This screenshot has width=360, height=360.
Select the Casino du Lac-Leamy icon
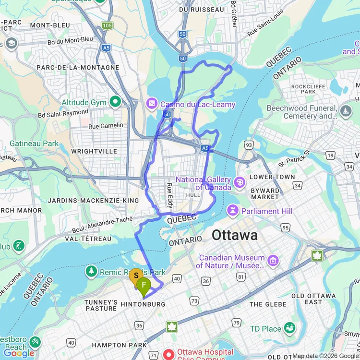click(151, 104)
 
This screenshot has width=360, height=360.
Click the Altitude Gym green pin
click(115, 102)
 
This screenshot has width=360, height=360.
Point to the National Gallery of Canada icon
click(239, 182)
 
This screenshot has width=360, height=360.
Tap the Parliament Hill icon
click(233, 211)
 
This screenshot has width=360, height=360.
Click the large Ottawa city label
click(235, 236)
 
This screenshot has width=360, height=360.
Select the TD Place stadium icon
click(289, 329)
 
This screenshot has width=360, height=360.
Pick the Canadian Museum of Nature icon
click(273, 261)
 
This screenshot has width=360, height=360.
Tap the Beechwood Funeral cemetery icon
click(346, 112)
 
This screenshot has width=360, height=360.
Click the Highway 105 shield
click(107, 25)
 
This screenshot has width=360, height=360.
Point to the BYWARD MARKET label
click(265, 193)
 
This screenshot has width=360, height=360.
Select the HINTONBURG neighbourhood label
click(143, 304)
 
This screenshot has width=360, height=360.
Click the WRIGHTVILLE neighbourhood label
click(94, 151)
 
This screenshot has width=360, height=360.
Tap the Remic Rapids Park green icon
click(91, 272)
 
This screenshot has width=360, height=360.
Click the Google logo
click(19, 353)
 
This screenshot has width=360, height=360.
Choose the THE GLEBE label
click(268, 304)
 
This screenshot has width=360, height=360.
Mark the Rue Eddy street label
click(169, 195)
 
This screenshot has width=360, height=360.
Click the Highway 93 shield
click(249, 144)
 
